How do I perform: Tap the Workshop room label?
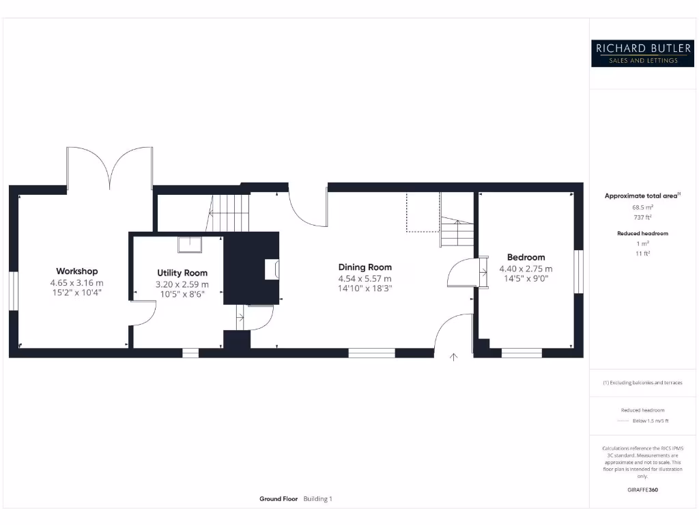pos(76,271)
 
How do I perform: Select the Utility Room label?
pos(182,273)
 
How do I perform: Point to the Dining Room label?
pos(365,267)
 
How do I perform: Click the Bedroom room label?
pos(526,258)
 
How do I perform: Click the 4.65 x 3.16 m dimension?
pos(76,282)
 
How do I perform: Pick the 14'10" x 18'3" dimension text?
pos(365,288)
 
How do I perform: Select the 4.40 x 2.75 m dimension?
pos(526,269)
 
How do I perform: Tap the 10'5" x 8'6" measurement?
pos(182,293)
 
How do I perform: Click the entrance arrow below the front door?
pos(453,355)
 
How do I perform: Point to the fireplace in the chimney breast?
pos(272,269)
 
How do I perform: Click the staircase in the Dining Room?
pos(456,232)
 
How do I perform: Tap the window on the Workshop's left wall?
pos(12,291)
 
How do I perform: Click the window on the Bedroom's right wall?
pos(580,271)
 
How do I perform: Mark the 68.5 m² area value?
pos(642,207)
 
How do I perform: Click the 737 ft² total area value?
pos(642,217)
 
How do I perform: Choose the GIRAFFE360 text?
pos(642,489)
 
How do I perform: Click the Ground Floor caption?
pos(279,499)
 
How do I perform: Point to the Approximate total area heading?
pos(642,196)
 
